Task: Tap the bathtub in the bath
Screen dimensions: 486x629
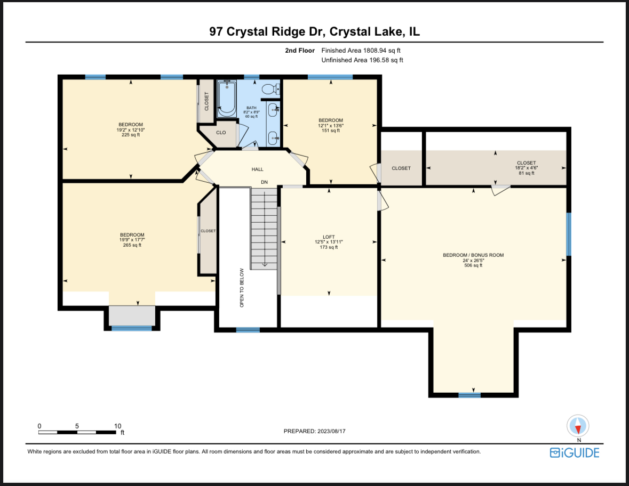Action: pos(227,99)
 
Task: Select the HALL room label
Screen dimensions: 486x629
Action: pos(258,169)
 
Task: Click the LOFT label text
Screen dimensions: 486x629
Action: pos(328,237)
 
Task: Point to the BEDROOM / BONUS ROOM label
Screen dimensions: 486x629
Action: pos(473,255)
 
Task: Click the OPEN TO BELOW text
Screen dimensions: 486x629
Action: pos(242,288)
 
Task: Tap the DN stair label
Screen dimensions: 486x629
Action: pos(264,182)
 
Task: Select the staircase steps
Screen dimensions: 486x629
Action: pos(264,229)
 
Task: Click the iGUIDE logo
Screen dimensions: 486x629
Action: pos(575,453)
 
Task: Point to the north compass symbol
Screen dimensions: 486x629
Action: pos(579,426)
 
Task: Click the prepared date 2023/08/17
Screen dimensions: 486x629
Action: pos(318,431)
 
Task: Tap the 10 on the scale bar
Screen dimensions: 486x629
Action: pos(117,426)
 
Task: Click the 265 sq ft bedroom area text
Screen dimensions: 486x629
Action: pos(132,245)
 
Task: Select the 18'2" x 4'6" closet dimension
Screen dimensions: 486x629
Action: pos(526,168)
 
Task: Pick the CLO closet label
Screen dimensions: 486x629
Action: pos(221,133)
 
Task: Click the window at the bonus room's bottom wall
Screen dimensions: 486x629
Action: pos(469,395)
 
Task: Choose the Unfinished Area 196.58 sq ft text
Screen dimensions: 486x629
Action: pos(362,60)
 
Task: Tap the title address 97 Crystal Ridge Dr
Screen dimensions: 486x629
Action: pos(267,31)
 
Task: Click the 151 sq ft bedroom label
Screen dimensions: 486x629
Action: pos(330,131)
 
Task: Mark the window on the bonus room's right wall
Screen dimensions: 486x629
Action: pos(568,234)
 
